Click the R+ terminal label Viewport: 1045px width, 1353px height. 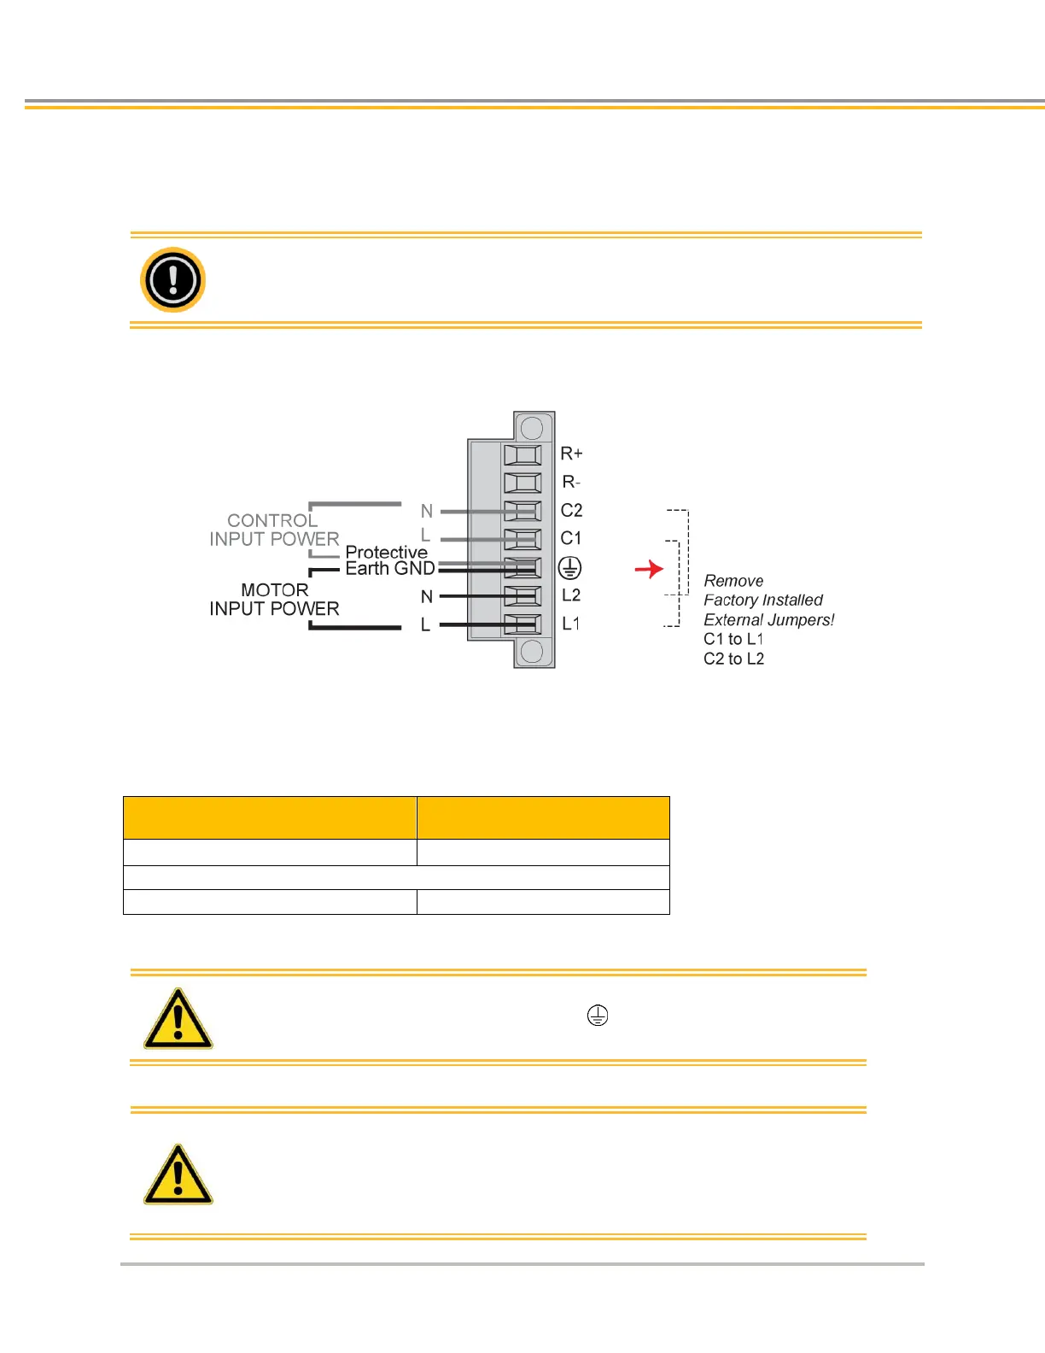coord(571,454)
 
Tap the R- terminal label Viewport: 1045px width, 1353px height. coord(571,483)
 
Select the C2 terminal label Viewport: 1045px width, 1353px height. coord(571,511)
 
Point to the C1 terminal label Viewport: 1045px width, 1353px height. coord(570,538)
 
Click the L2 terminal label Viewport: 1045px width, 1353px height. coord(571,595)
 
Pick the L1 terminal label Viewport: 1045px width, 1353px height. coord(570,624)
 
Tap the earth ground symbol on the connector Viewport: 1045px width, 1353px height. coord(569,567)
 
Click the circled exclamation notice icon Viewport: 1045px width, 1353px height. coord(172,279)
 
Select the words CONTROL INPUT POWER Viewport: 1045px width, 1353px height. coord(274,530)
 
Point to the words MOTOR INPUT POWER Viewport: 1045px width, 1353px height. coord(274,600)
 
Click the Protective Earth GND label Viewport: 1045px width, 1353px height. coord(389,560)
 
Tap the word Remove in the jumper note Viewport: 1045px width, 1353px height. coord(733,581)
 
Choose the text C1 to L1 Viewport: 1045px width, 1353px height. coord(733,639)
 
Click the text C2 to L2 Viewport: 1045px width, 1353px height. coord(733,659)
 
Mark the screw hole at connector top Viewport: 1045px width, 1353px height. coord(532,427)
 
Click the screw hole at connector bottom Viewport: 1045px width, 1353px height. coord(532,652)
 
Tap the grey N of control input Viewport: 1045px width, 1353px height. coord(427,512)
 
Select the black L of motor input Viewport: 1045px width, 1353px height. coord(425,625)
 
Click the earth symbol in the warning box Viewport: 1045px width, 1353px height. coord(598,1016)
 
